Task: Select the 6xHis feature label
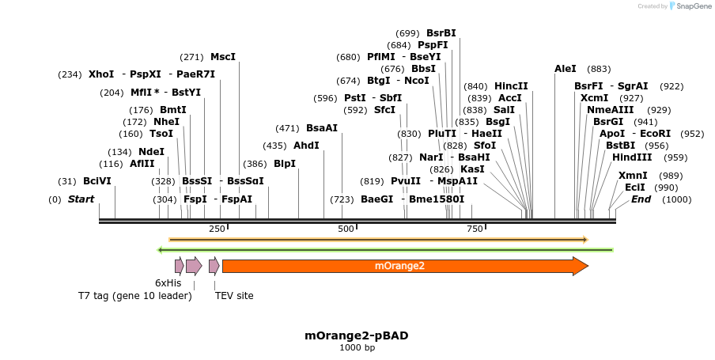tap(168, 282)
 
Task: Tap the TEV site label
tap(234, 296)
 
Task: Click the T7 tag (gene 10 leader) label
tap(134, 296)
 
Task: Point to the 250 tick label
tap(217, 229)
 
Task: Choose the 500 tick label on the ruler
tap(346, 229)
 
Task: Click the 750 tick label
tap(475, 229)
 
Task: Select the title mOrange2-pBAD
tap(357, 335)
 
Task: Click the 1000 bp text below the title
tap(357, 348)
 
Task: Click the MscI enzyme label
tap(222, 57)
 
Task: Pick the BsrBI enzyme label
tap(441, 33)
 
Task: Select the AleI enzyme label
tap(566, 69)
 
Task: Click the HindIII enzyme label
tap(632, 157)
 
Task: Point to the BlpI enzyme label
tap(284, 164)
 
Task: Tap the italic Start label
tap(81, 199)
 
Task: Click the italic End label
tap(641, 199)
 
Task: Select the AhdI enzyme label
tap(306, 146)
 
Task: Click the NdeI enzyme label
tap(151, 152)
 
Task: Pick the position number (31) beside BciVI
tap(67, 181)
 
